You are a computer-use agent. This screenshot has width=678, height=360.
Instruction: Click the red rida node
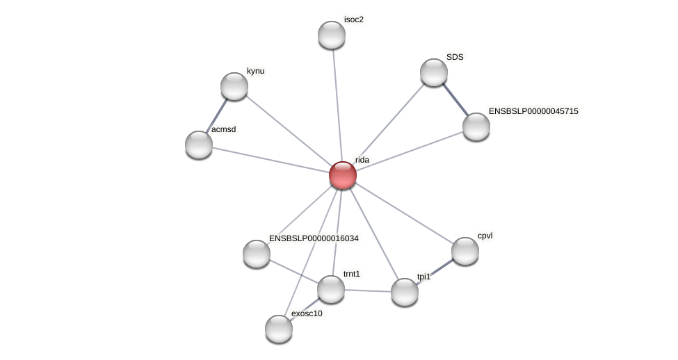342,175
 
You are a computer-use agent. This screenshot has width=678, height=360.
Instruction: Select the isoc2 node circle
332,35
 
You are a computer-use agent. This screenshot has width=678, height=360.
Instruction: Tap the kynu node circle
234,86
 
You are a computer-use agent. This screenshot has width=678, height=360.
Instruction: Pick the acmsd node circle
199,145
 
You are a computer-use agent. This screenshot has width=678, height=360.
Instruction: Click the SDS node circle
434,72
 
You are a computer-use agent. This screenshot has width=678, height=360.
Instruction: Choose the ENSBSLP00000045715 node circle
476,126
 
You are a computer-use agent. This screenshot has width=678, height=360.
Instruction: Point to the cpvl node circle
465,251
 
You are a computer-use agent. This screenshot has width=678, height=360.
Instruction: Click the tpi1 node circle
405,292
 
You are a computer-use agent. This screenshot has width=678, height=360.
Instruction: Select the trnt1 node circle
331,289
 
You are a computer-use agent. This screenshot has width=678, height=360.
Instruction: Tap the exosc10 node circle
279,329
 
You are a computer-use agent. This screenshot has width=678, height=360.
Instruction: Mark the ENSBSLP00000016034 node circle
257,254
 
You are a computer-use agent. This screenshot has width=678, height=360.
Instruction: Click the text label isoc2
353,19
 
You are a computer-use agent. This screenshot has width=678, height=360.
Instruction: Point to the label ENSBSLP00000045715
533,111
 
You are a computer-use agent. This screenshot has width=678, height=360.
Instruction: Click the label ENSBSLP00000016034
314,238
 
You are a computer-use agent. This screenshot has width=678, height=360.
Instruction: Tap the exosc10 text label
307,313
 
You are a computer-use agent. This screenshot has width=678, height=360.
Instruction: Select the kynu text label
255,71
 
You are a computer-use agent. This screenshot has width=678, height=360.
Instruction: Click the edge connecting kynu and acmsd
217,115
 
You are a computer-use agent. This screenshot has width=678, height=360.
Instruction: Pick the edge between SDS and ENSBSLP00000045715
455,99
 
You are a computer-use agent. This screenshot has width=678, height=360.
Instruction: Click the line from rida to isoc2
337,104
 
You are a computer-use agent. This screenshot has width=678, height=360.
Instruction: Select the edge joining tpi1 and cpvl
435,271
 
